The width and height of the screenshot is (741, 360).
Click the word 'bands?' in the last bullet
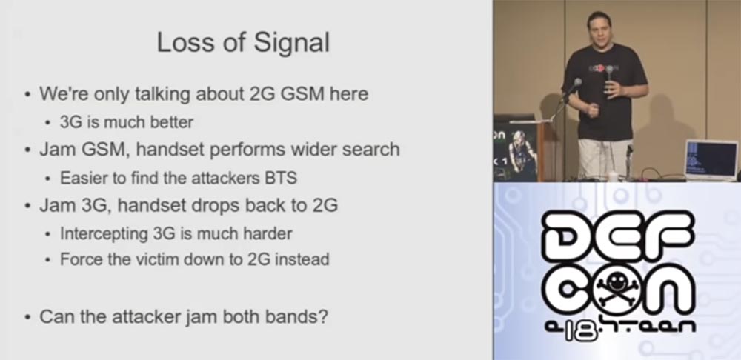[296, 317]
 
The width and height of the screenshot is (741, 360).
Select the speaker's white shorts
[605, 158]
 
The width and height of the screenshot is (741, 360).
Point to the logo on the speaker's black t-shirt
[604, 67]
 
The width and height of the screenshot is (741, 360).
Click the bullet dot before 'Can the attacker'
[27, 318]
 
